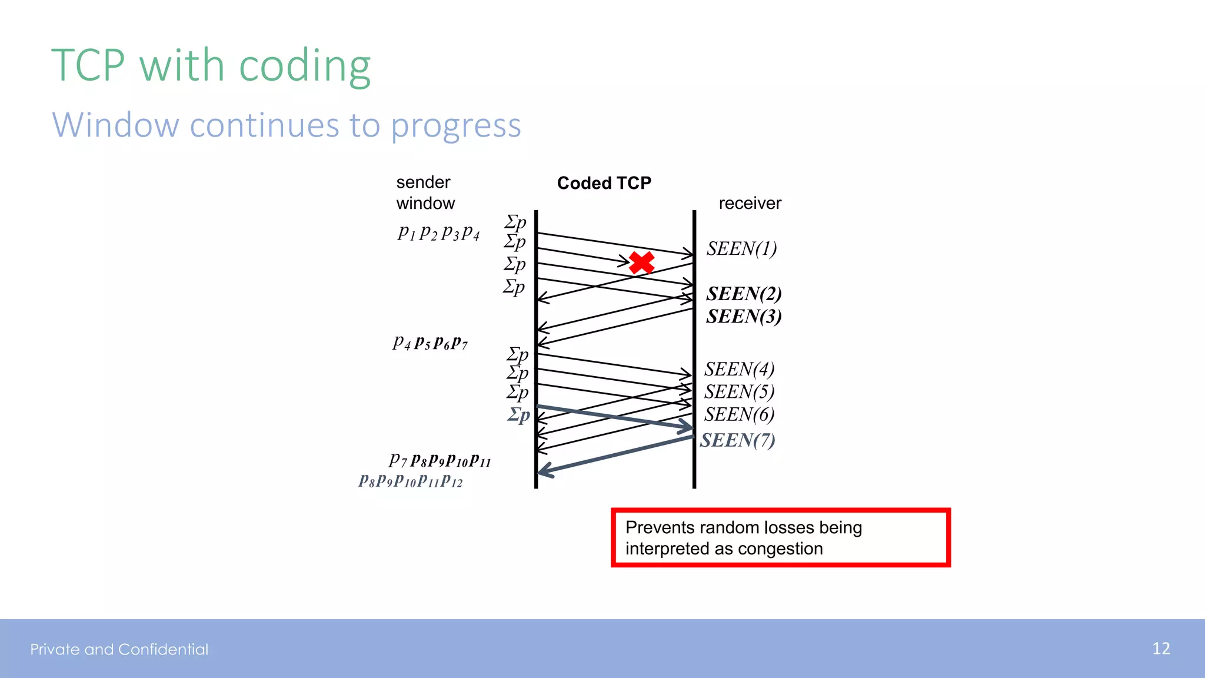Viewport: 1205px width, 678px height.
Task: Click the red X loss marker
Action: click(641, 262)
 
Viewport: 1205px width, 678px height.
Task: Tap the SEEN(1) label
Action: click(741, 249)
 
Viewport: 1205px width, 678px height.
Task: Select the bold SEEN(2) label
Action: click(744, 294)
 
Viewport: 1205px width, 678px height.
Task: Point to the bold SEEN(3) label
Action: click(744, 317)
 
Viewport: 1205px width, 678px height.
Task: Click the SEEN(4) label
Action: click(739, 369)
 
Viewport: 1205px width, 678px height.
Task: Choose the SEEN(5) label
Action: click(739, 391)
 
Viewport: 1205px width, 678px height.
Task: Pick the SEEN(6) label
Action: click(739, 414)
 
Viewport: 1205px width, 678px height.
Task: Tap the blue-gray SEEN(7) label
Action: click(737, 440)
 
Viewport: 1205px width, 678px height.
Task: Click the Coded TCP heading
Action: click(604, 183)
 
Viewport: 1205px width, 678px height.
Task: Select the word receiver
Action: click(750, 204)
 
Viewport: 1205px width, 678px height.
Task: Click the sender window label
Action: click(425, 192)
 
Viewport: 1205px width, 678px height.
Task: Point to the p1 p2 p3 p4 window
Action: click(438, 233)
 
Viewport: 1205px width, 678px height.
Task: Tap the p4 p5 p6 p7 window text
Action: click(430, 343)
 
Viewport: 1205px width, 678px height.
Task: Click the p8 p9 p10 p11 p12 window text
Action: click(411, 481)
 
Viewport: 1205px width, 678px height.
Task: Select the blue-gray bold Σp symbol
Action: click(519, 415)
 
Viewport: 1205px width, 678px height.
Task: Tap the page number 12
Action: click(1160, 649)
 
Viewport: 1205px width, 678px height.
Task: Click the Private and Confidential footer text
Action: click(119, 649)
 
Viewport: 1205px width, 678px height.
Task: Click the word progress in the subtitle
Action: click(456, 126)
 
